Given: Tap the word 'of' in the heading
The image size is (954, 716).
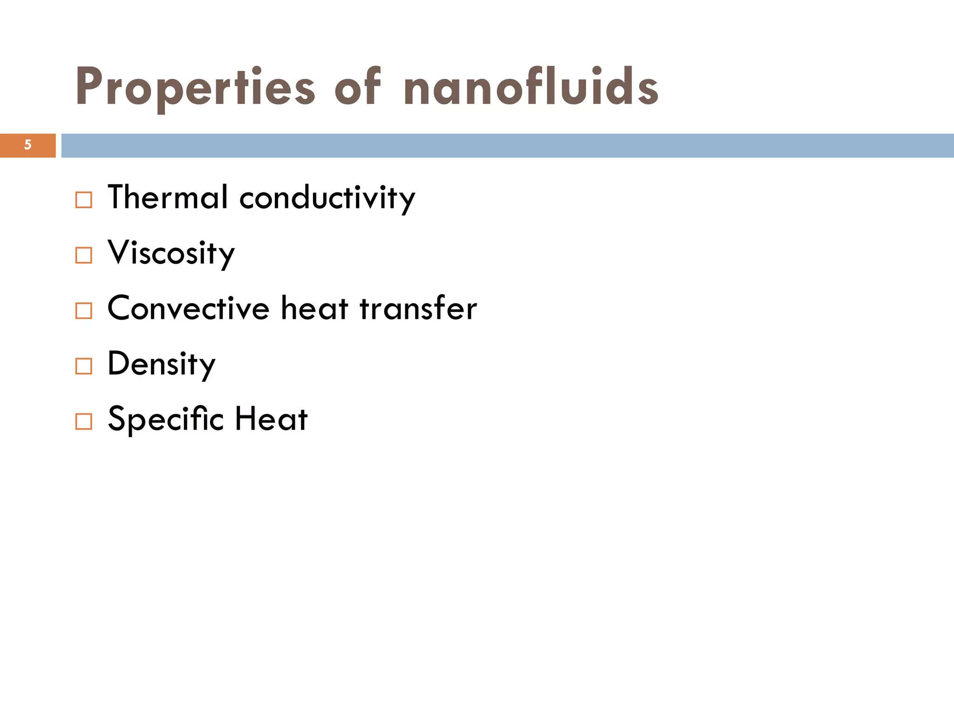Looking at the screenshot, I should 358,86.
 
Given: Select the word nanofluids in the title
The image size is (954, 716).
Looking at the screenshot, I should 531,86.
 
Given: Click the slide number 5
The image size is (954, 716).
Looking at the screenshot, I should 28,145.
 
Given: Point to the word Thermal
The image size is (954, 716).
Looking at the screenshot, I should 168,197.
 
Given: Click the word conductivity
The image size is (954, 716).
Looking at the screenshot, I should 327,198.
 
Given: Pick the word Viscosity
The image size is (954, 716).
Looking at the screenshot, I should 171,253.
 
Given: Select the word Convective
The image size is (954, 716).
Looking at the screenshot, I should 188,308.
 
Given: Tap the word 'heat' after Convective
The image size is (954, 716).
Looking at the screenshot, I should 314,308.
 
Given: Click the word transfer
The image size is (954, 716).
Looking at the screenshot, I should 418,308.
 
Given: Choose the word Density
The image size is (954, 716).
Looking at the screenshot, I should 161,364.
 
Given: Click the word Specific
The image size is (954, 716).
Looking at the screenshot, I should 166,419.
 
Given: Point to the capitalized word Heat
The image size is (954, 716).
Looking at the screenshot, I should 271,419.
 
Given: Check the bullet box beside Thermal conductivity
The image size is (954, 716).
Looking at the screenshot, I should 84,200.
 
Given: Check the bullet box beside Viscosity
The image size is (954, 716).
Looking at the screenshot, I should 84,255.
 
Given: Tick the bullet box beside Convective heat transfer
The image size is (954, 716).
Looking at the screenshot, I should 84,311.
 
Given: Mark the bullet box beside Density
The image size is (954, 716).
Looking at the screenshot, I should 84,366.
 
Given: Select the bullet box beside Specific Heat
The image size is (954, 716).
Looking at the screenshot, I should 84,421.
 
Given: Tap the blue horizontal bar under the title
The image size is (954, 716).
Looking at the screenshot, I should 508,145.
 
